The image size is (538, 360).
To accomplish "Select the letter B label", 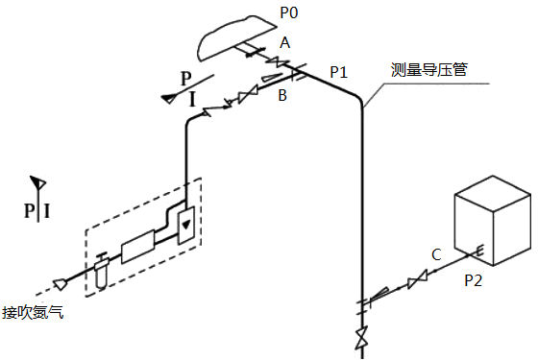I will tap(282, 95).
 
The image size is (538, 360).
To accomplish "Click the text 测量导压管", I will tap(428, 69).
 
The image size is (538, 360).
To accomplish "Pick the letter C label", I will tap(436, 254).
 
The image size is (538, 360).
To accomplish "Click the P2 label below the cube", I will tap(475, 280).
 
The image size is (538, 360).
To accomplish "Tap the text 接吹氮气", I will tap(33, 312).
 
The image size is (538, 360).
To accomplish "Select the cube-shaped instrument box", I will tap(492, 221).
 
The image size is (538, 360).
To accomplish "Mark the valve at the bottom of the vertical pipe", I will tap(362, 339).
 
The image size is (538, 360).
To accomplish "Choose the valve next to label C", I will tap(416, 281).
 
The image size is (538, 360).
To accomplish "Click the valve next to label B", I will tap(248, 94).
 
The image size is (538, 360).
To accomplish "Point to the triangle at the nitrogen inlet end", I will tap(61, 283).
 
